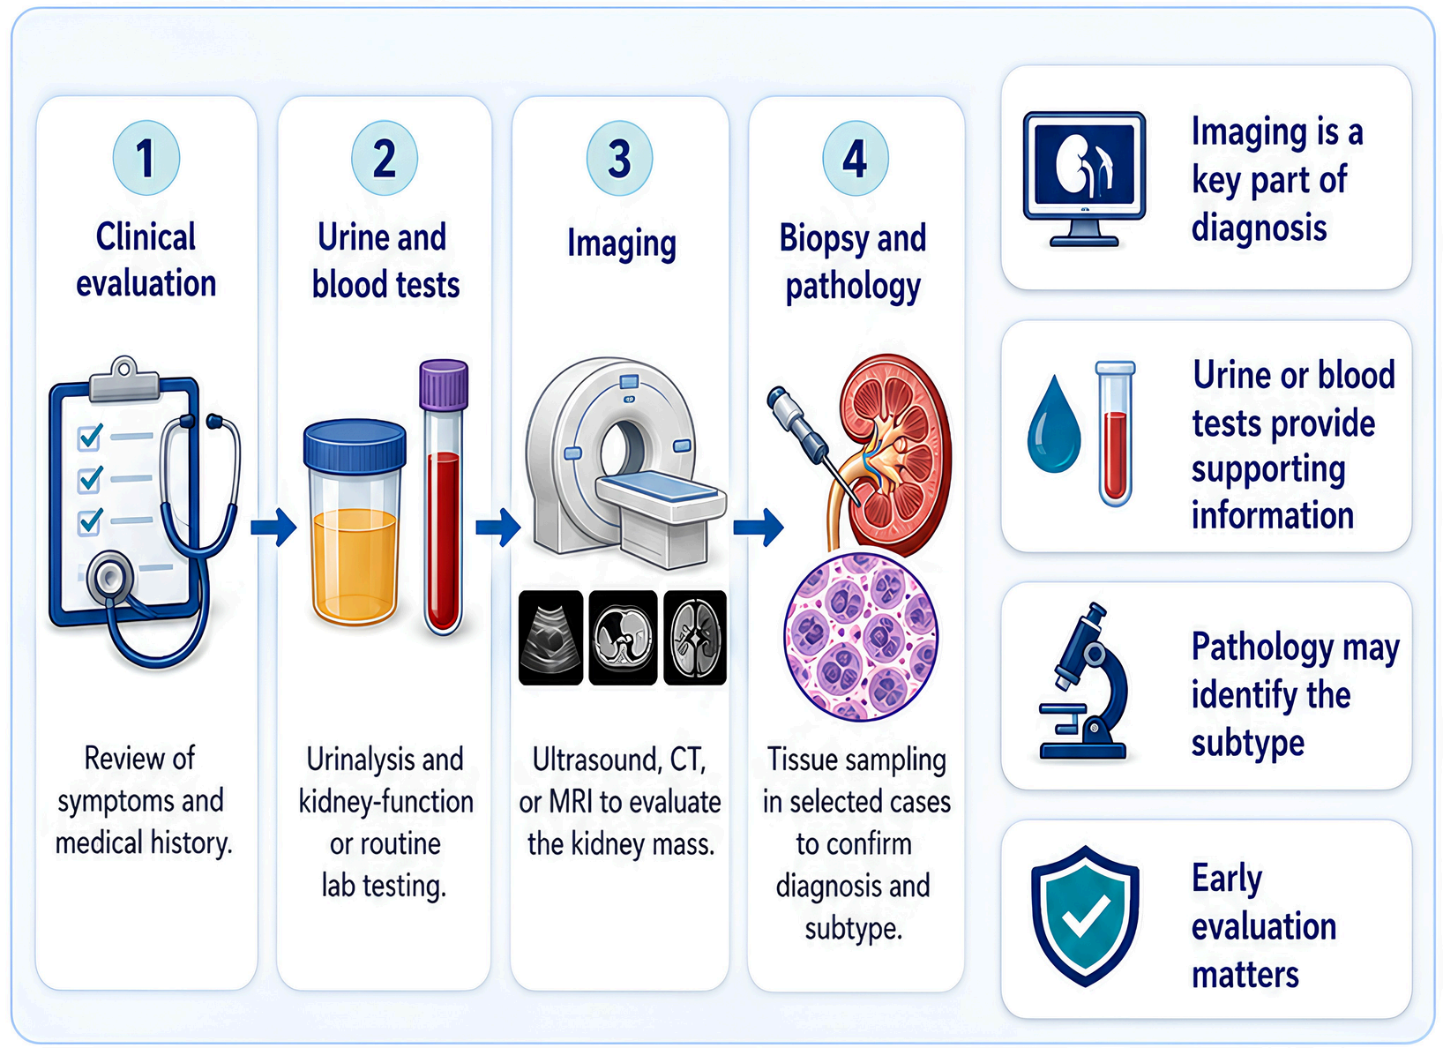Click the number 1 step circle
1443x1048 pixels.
[x=146, y=158]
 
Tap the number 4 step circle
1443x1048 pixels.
[x=855, y=158]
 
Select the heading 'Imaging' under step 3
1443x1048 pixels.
[x=622, y=243]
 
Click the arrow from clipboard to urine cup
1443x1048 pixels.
[x=273, y=528]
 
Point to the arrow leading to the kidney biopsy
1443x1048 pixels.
[x=759, y=528]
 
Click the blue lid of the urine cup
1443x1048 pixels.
[x=355, y=445]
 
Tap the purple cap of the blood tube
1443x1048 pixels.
[x=443, y=386]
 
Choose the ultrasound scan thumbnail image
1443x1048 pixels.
[x=550, y=637]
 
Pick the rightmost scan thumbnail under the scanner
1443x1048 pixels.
[x=695, y=637]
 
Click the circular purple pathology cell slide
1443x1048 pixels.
[x=861, y=636]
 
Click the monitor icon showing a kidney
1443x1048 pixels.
[x=1084, y=179]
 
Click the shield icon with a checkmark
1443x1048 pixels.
[x=1085, y=916]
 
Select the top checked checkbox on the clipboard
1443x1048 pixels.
[x=89, y=438]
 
